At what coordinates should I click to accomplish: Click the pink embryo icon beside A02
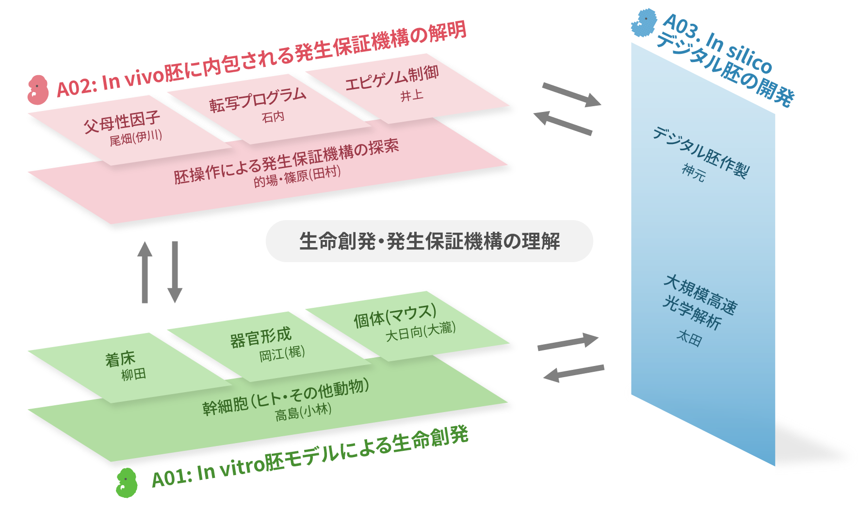pyautogui.click(x=38, y=90)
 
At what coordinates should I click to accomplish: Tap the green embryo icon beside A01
pyautogui.click(x=127, y=482)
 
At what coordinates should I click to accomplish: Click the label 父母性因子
pyautogui.click(x=122, y=122)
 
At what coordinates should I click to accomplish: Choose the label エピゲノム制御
pyautogui.click(x=392, y=78)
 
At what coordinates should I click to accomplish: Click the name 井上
pyautogui.click(x=412, y=96)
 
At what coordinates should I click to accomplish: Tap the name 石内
pyautogui.click(x=273, y=117)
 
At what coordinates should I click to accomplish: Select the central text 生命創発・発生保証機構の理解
pyautogui.click(x=429, y=241)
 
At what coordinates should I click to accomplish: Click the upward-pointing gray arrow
pyautogui.click(x=145, y=272)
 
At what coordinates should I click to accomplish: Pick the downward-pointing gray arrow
pyautogui.click(x=175, y=272)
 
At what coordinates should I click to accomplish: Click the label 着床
pyautogui.click(x=120, y=359)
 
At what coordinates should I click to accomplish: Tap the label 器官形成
pyautogui.click(x=261, y=337)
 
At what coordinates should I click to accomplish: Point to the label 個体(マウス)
pyautogui.click(x=395, y=316)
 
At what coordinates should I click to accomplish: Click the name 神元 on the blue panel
pyautogui.click(x=694, y=172)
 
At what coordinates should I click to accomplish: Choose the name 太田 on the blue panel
pyautogui.click(x=689, y=337)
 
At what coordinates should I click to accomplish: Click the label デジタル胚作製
pyautogui.click(x=701, y=152)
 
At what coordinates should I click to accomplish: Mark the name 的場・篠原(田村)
pyautogui.click(x=297, y=176)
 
